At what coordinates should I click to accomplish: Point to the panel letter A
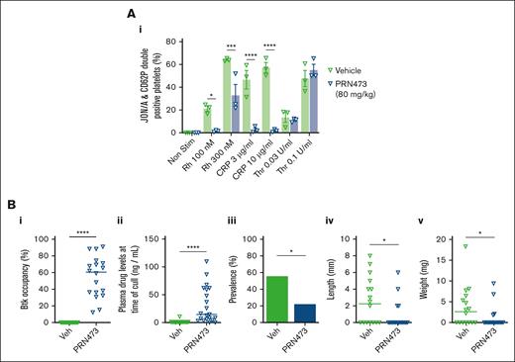point(259,10)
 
